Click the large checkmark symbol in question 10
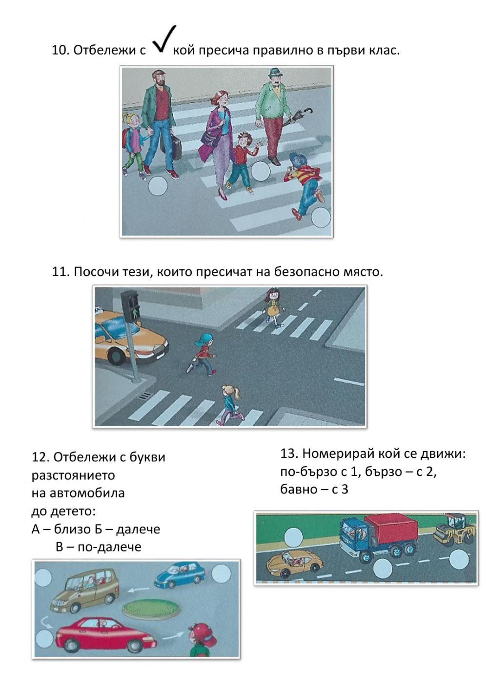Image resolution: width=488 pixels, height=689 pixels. pos(164,40)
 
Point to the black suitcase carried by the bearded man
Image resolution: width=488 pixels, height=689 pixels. pos(175,149)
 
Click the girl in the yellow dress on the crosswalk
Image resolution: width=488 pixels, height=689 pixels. pos(273,306)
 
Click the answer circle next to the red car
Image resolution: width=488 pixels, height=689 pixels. pos(43,637)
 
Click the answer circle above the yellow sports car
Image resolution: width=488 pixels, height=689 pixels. pos(294,535)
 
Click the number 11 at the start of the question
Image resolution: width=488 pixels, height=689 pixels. pos(59,272)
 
